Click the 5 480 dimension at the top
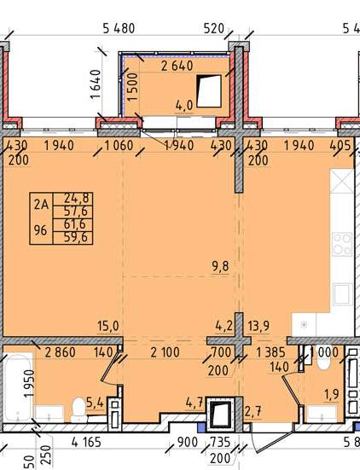pyautogui.click(x=119, y=28)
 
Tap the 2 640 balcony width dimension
pyautogui.click(x=177, y=66)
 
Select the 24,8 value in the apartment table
pyautogui.click(x=76, y=198)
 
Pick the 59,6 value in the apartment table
pyautogui.click(x=76, y=237)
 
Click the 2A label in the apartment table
pyautogui.click(x=41, y=205)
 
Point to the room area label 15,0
pyautogui.click(x=108, y=326)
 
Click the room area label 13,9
pyautogui.click(x=258, y=326)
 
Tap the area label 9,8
pyautogui.click(x=221, y=266)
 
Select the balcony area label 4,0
pyautogui.click(x=184, y=106)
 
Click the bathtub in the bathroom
pyautogui.click(x=18, y=387)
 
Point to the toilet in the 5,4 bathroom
pyautogui.click(x=78, y=409)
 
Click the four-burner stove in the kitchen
pyautogui.click(x=342, y=244)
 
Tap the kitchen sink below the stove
pyautogui.click(x=343, y=294)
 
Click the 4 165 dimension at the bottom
pyautogui.click(x=86, y=442)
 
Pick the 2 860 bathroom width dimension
pyautogui.click(x=60, y=352)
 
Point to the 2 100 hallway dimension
pyautogui.click(x=165, y=352)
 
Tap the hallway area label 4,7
pyautogui.click(x=195, y=403)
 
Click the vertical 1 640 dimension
pyautogui.click(x=96, y=84)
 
